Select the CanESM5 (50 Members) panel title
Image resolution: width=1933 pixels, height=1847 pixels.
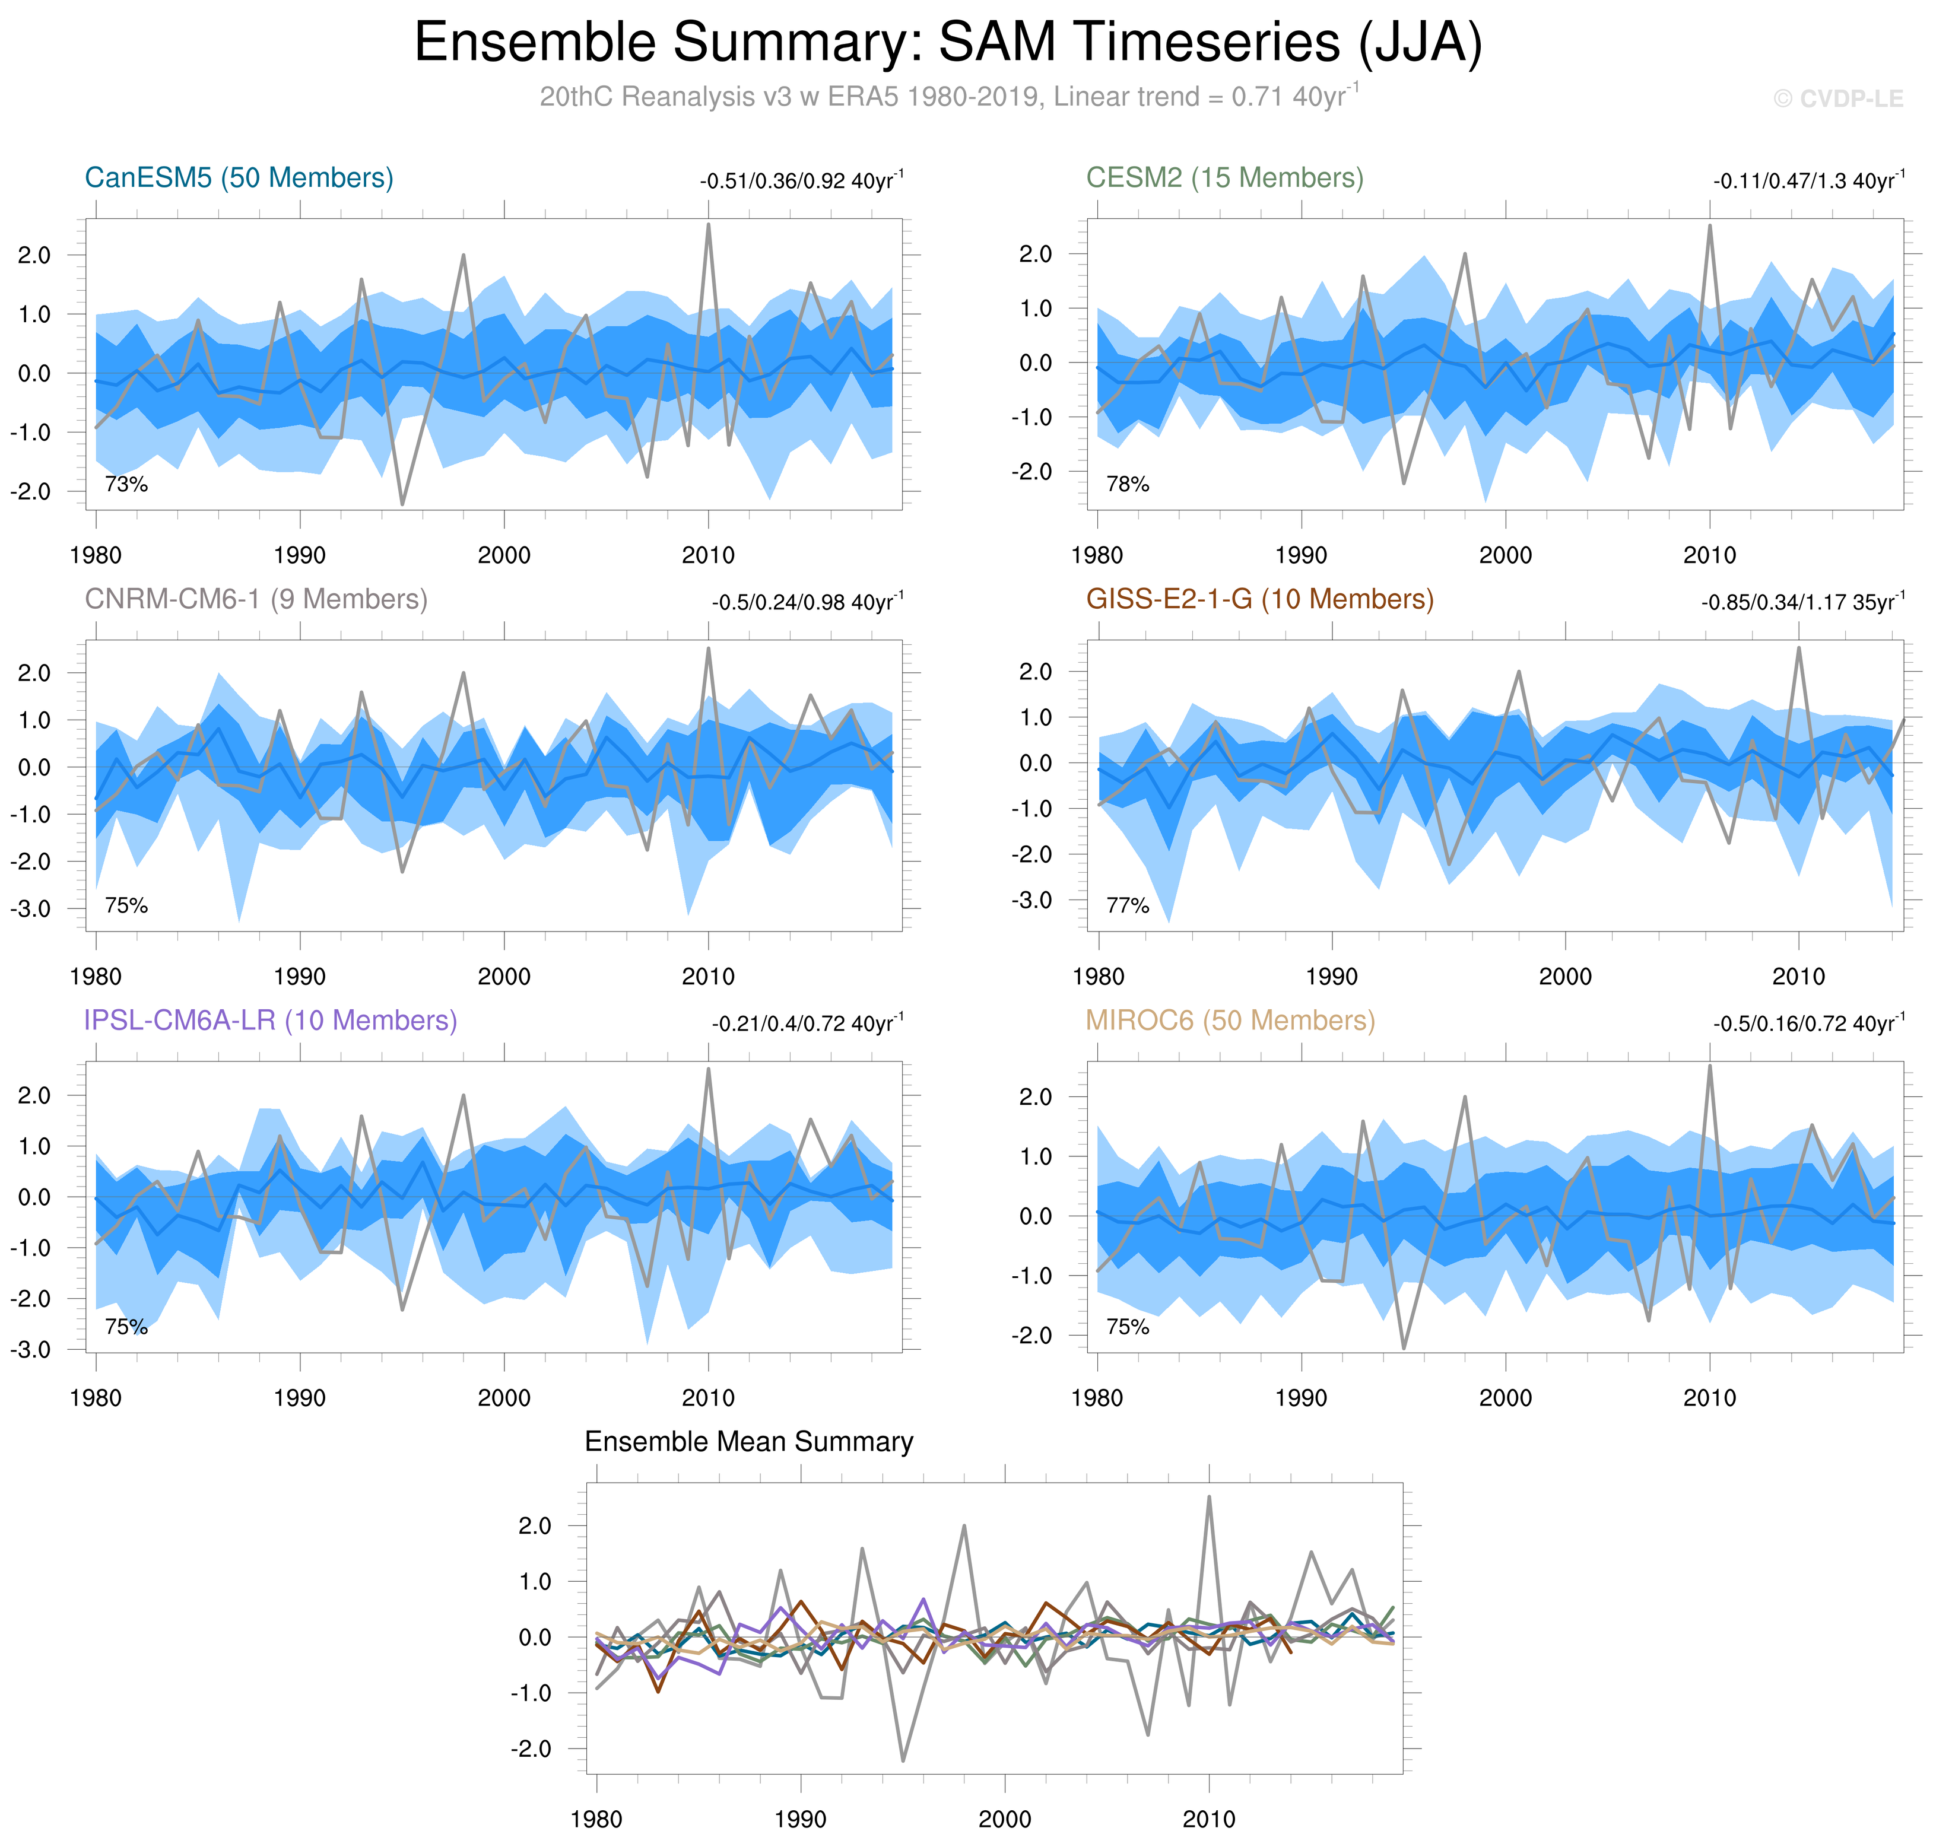tap(239, 178)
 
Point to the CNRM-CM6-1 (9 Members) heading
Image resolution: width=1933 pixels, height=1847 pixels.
tap(256, 600)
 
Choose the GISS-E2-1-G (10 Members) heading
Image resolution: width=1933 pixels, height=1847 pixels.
tap(1259, 600)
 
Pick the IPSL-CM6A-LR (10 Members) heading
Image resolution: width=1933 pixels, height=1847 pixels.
tap(271, 1021)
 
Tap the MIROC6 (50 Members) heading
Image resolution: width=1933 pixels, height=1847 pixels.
tap(1230, 1021)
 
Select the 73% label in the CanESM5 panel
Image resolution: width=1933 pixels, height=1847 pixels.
tap(126, 484)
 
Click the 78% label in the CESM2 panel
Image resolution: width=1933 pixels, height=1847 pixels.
tap(1128, 484)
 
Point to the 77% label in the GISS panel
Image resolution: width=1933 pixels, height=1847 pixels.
tap(1128, 906)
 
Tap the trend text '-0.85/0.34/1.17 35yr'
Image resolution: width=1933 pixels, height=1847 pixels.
tap(1802, 602)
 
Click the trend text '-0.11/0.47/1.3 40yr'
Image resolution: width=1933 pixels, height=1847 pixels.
tap(1808, 181)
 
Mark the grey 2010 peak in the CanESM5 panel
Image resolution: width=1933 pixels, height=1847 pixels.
tap(708, 225)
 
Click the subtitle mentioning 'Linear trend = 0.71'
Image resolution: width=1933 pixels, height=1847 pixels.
tap(948, 97)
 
